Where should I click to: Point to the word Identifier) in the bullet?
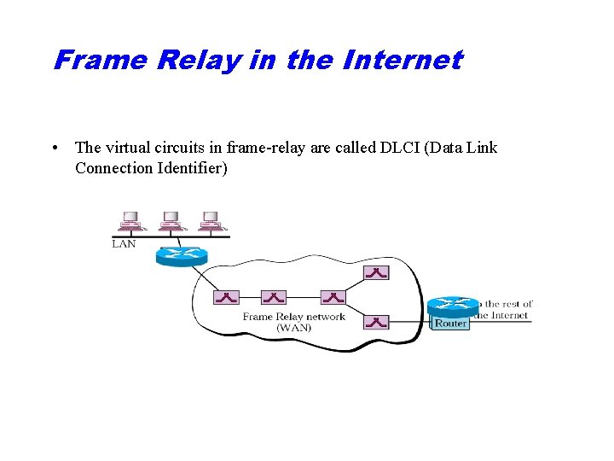pyautogui.click(x=192, y=168)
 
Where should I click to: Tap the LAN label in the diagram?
pyautogui.click(x=125, y=244)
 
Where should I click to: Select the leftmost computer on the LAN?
pyautogui.click(x=132, y=220)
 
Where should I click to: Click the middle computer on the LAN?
pyautogui.click(x=171, y=220)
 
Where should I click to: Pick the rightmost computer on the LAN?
pyautogui.click(x=210, y=220)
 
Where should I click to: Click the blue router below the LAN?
pyautogui.click(x=182, y=256)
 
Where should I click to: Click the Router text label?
pyautogui.click(x=450, y=324)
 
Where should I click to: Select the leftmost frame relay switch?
pyautogui.click(x=226, y=297)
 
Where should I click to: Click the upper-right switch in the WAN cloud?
pyautogui.click(x=376, y=272)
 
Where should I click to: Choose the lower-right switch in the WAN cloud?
pyautogui.click(x=376, y=322)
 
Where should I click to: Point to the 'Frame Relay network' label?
pyautogui.click(x=293, y=317)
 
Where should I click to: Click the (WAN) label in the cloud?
pyautogui.click(x=293, y=328)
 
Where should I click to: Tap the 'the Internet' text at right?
pyautogui.click(x=501, y=315)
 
